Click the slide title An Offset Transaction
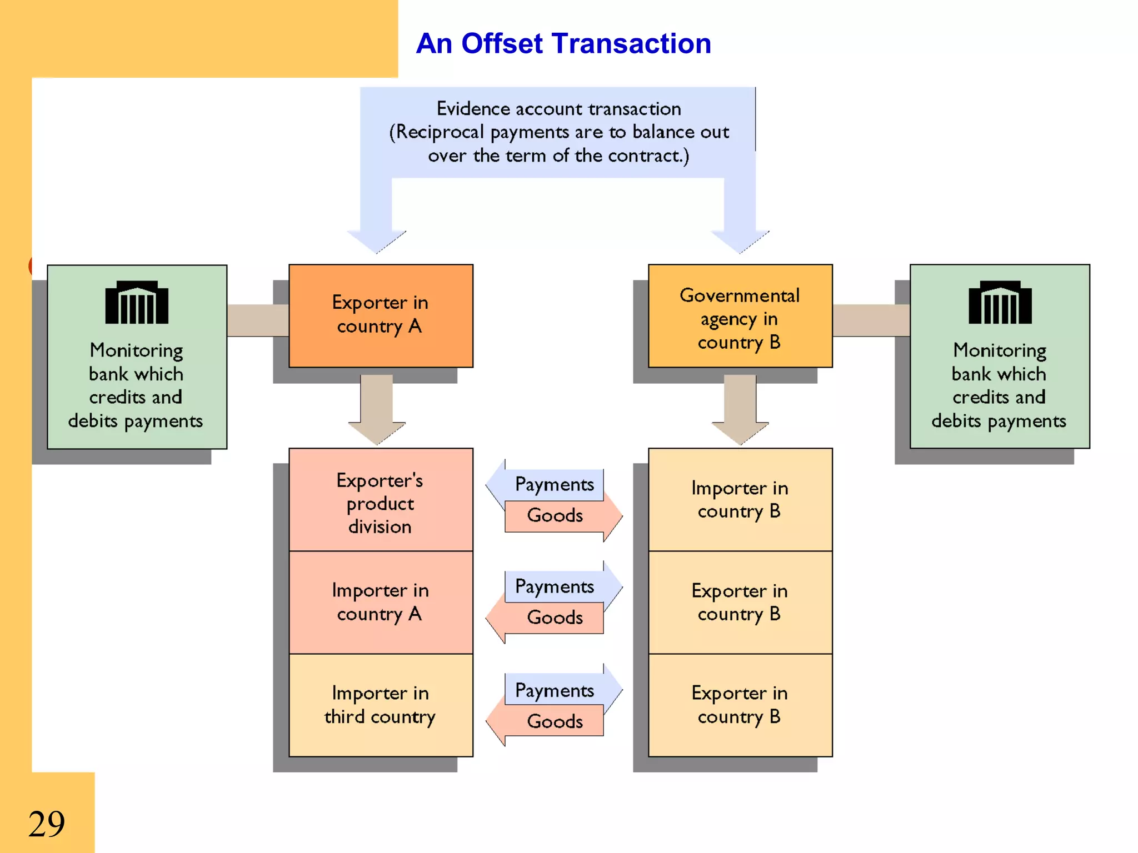pos(563,43)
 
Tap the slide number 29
pos(47,824)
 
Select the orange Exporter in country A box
pos(381,315)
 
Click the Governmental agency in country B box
pos(740,316)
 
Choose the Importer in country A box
pos(381,602)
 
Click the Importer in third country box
pos(381,705)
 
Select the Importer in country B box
pos(740,499)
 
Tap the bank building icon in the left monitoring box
pos(137,303)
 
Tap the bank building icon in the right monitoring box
pos(1000,303)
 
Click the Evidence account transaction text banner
pos(558,132)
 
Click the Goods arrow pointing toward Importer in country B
pos(561,516)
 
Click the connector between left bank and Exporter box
pos(258,320)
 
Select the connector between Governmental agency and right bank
pos(871,320)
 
